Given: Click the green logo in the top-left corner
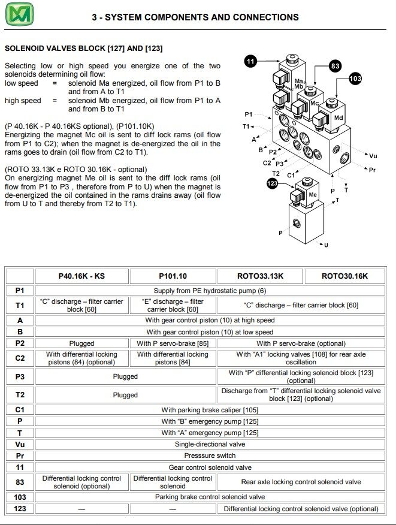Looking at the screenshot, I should (20, 15).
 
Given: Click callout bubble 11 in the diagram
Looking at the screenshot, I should (250, 61).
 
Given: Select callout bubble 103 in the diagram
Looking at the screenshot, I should (355, 79).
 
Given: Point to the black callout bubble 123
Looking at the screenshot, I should (272, 183).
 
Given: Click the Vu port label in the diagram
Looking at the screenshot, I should (373, 156).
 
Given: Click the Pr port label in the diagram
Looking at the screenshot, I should (372, 170).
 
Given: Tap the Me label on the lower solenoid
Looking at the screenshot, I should (312, 195).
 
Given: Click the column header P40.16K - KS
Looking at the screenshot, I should (81, 276).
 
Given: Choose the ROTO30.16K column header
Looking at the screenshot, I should (344, 276).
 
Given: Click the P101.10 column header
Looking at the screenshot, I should (173, 276).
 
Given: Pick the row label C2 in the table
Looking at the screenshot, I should (20, 358).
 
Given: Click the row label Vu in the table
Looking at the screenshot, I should (20, 444).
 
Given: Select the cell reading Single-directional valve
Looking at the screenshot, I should (210, 444).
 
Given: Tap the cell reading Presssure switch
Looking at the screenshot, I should (210, 455).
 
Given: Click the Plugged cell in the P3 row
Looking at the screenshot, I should (125, 376).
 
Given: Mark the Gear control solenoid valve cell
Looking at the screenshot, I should (210, 467).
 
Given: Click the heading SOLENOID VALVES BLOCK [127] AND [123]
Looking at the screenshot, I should (83, 48).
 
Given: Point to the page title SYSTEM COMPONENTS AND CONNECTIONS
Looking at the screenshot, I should (195, 17).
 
